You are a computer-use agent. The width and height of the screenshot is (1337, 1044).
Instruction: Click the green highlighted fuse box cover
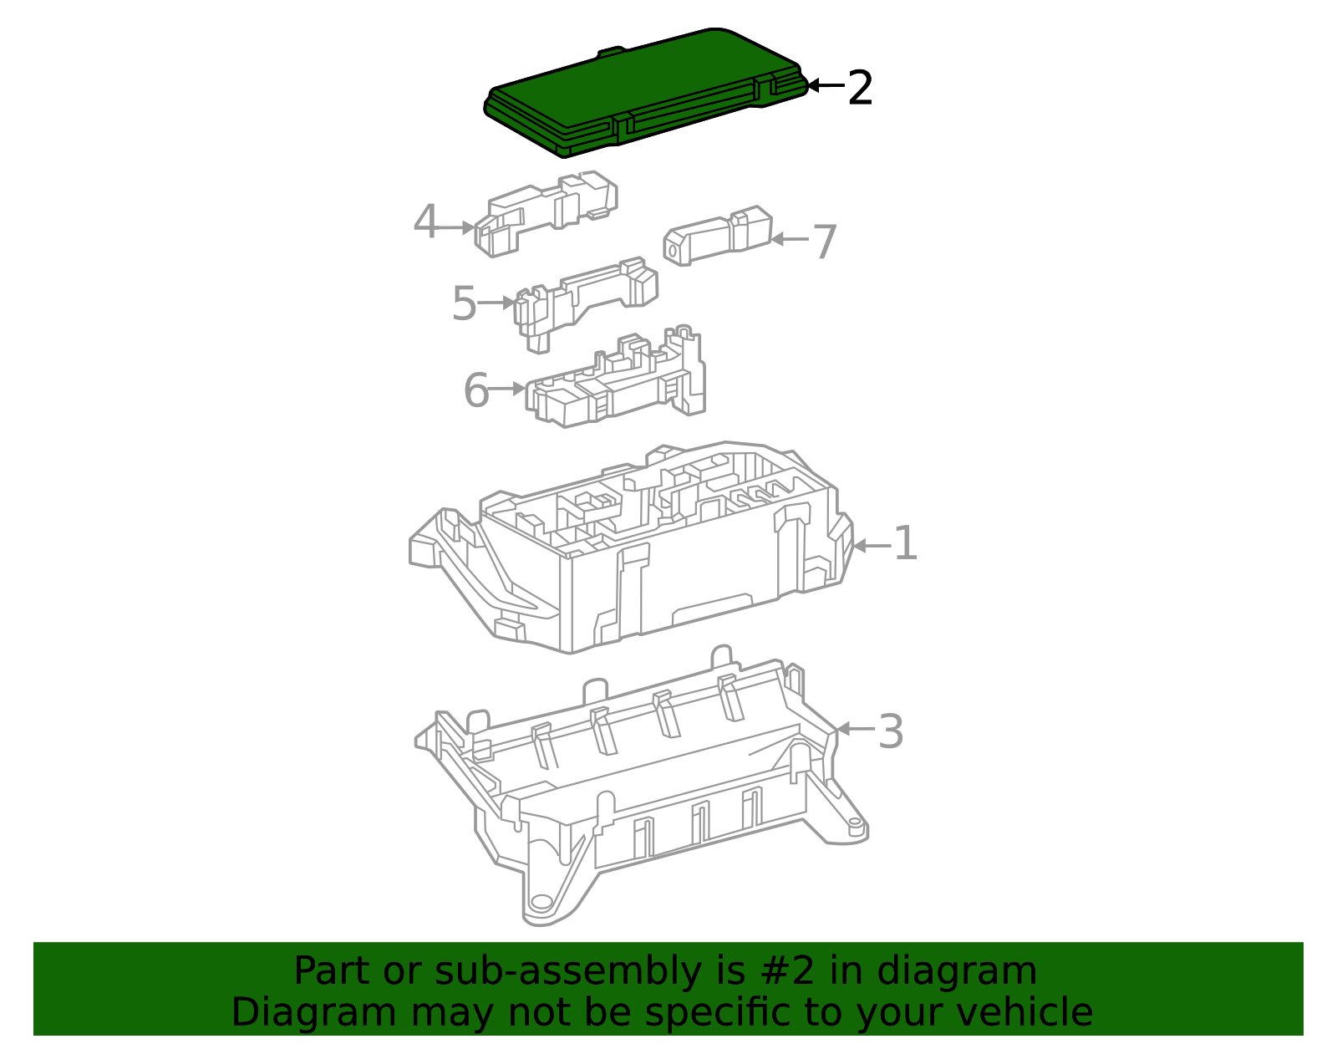pyautogui.click(x=646, y=92)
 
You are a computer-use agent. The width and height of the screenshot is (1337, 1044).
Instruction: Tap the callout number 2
pyautogui.click(x=860, y=88)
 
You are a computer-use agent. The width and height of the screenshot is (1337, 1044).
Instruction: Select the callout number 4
pyautogui.click(x=425, y=222)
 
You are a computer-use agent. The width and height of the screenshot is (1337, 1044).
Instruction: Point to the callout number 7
pyautogui.click(x=825, y=242)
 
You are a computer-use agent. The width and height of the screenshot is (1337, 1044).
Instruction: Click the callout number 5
pyautogui.click(x=464, y=303)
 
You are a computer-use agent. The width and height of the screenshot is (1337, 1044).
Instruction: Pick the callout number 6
pyautogui.click(x=476, y=390)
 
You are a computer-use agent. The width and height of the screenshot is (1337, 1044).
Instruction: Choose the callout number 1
pyautogui.click(x=905, y=542)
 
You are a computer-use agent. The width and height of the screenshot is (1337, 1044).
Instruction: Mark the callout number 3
pyautogui.click(x=890, y=732)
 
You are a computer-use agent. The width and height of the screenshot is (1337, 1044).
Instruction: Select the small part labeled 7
pyautogui.click(x=718, y=236)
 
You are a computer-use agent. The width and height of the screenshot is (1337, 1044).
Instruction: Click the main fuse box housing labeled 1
pyautogui.click(x=631, y=547)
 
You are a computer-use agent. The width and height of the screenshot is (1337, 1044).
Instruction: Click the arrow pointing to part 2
pyautogui.click(x=826, y=85)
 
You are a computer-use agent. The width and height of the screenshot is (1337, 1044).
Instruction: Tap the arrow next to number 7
pyautogui.click(x=790, y=239)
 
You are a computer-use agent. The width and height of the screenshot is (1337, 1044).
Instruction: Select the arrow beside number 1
pyautogui.click(x=872, y=546)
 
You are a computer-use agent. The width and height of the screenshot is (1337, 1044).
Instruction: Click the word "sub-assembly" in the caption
pyautogui.click(x=568, y=972)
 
